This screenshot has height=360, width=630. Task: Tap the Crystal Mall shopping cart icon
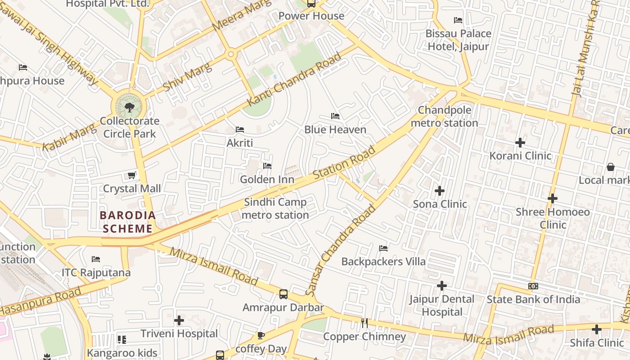131,175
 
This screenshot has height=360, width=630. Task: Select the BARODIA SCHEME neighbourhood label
128,222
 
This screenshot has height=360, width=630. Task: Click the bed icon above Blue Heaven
335,116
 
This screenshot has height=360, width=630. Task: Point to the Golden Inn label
267,180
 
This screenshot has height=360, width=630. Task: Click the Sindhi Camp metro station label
275,209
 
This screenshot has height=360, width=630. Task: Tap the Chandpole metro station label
445,117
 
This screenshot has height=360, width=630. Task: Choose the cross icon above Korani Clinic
520,143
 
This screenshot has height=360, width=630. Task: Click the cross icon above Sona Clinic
440,191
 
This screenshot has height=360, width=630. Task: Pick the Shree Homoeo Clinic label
553,218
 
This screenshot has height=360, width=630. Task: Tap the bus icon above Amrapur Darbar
283,294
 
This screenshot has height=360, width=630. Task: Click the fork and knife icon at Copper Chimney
364,323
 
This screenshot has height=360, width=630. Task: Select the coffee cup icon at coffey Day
261,336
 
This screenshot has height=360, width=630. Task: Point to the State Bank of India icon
533,286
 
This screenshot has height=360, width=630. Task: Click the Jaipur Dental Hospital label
442,306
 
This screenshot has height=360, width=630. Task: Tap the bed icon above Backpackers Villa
383,248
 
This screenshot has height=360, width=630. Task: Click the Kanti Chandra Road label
294,79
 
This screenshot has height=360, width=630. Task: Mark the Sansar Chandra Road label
341,251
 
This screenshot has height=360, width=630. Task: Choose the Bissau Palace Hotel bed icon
458,20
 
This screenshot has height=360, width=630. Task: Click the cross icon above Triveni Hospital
179,320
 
